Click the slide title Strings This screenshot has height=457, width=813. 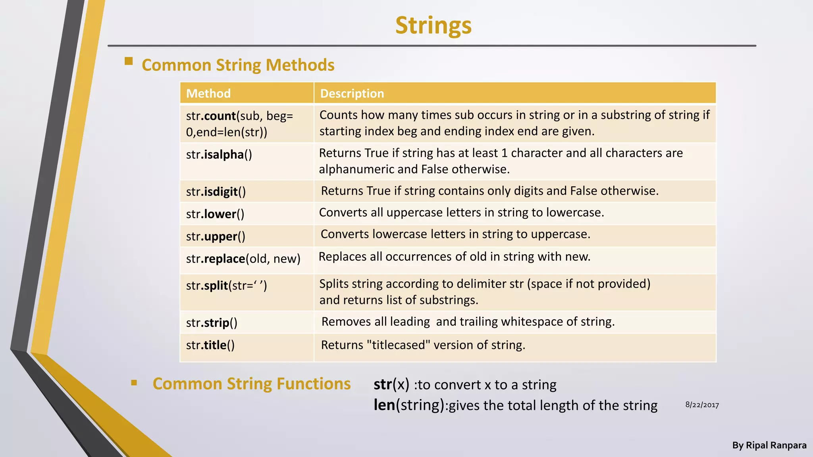pyautogui.click(x=433, y=26)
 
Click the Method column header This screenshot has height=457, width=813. pyautogui.click(x=208, y=94)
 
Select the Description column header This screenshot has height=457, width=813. pyautogui.click(x=352, y=94)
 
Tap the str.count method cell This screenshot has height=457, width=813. pyautogui.click(x=239, y=124)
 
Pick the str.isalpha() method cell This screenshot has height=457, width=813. pyautogui.click(x=219, y=155)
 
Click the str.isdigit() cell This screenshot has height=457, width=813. pyautogui.click(x=216, y=192)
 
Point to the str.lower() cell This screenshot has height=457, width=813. pyautogui.click(x=215, y=214)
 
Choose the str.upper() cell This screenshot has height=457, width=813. pyautogui.click(x=216, y=236)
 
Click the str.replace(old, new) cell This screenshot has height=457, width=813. pyautogui.click(x=243, y=259)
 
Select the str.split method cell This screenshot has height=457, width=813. pyautogui.click(x=226, y=286)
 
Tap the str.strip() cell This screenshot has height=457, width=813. pyautogui.click(x=212, y=323)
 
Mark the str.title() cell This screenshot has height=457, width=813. pyautogui.click(x=210, y=345)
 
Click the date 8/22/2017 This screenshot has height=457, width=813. pyautogui.click(x=702, y=405)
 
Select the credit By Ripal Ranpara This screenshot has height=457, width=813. pyautogui.click(x=769, y=445)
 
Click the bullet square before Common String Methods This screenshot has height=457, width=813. pyautogui.click(x=129, y=61)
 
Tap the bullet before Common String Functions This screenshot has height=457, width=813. pyautogui.click(x=134, y=383)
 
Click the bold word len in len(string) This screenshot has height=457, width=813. pyautogui.click(x=384, y=405)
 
